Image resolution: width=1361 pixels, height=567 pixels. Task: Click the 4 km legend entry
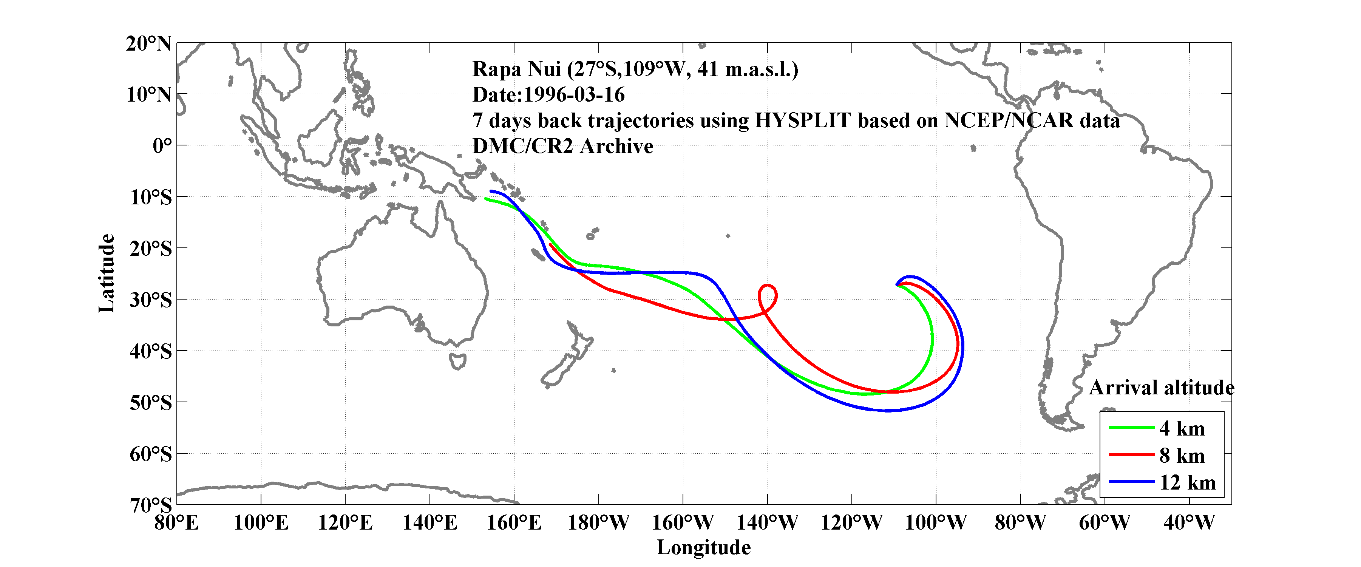pos(1182,428)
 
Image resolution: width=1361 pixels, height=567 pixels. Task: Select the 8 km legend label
pos(1182,456)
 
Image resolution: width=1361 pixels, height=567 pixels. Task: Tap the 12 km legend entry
pos(1187,482)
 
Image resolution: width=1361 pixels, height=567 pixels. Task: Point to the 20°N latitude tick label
pos(148,43)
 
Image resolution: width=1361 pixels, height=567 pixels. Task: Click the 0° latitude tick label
pos(162,145)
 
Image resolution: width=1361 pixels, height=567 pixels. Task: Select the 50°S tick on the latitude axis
pos(151,403)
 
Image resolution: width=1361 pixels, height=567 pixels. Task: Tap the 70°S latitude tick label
pos(151,505)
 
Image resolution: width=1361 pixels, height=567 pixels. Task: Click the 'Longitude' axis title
pos(703,547)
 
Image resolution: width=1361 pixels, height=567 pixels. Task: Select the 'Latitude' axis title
pos(107,273)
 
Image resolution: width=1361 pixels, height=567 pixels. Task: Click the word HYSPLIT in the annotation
pos(802,121)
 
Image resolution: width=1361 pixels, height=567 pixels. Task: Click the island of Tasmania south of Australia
pos(457,362)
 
